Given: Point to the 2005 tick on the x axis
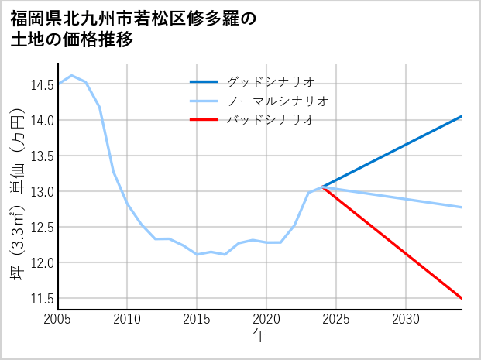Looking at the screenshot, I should coord(57,319).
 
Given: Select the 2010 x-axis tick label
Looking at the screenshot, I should coord(127,319).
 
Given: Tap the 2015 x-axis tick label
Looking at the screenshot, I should coord(197,319).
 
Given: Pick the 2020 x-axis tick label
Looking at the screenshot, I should coord(266,319).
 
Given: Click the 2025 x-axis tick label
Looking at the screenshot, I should coord(336,319).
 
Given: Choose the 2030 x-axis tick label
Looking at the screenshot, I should coord(406,319).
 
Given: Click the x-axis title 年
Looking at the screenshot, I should coord(259,335).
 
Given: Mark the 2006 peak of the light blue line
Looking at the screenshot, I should coord(71,76).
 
